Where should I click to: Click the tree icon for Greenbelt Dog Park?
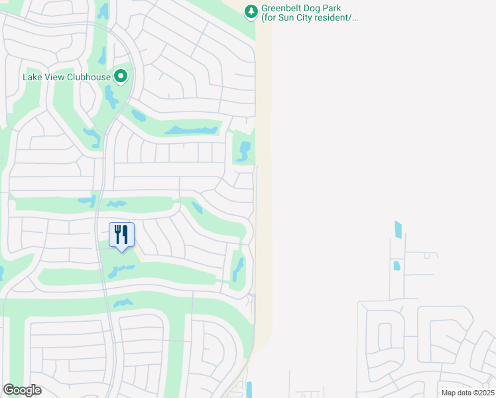251,11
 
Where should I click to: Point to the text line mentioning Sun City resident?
310,19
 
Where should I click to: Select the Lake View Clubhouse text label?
66,77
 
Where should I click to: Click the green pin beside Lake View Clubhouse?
121,77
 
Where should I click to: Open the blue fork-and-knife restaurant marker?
121,235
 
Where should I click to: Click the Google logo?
22,390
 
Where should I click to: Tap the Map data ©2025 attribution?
467,393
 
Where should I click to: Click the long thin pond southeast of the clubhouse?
191,130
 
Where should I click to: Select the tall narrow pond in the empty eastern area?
398,230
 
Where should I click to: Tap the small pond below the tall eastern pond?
397,266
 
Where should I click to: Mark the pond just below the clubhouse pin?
110,97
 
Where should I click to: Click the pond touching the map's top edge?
103,11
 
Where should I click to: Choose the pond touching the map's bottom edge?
249,389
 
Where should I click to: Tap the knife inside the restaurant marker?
125,234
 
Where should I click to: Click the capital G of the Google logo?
9,390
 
